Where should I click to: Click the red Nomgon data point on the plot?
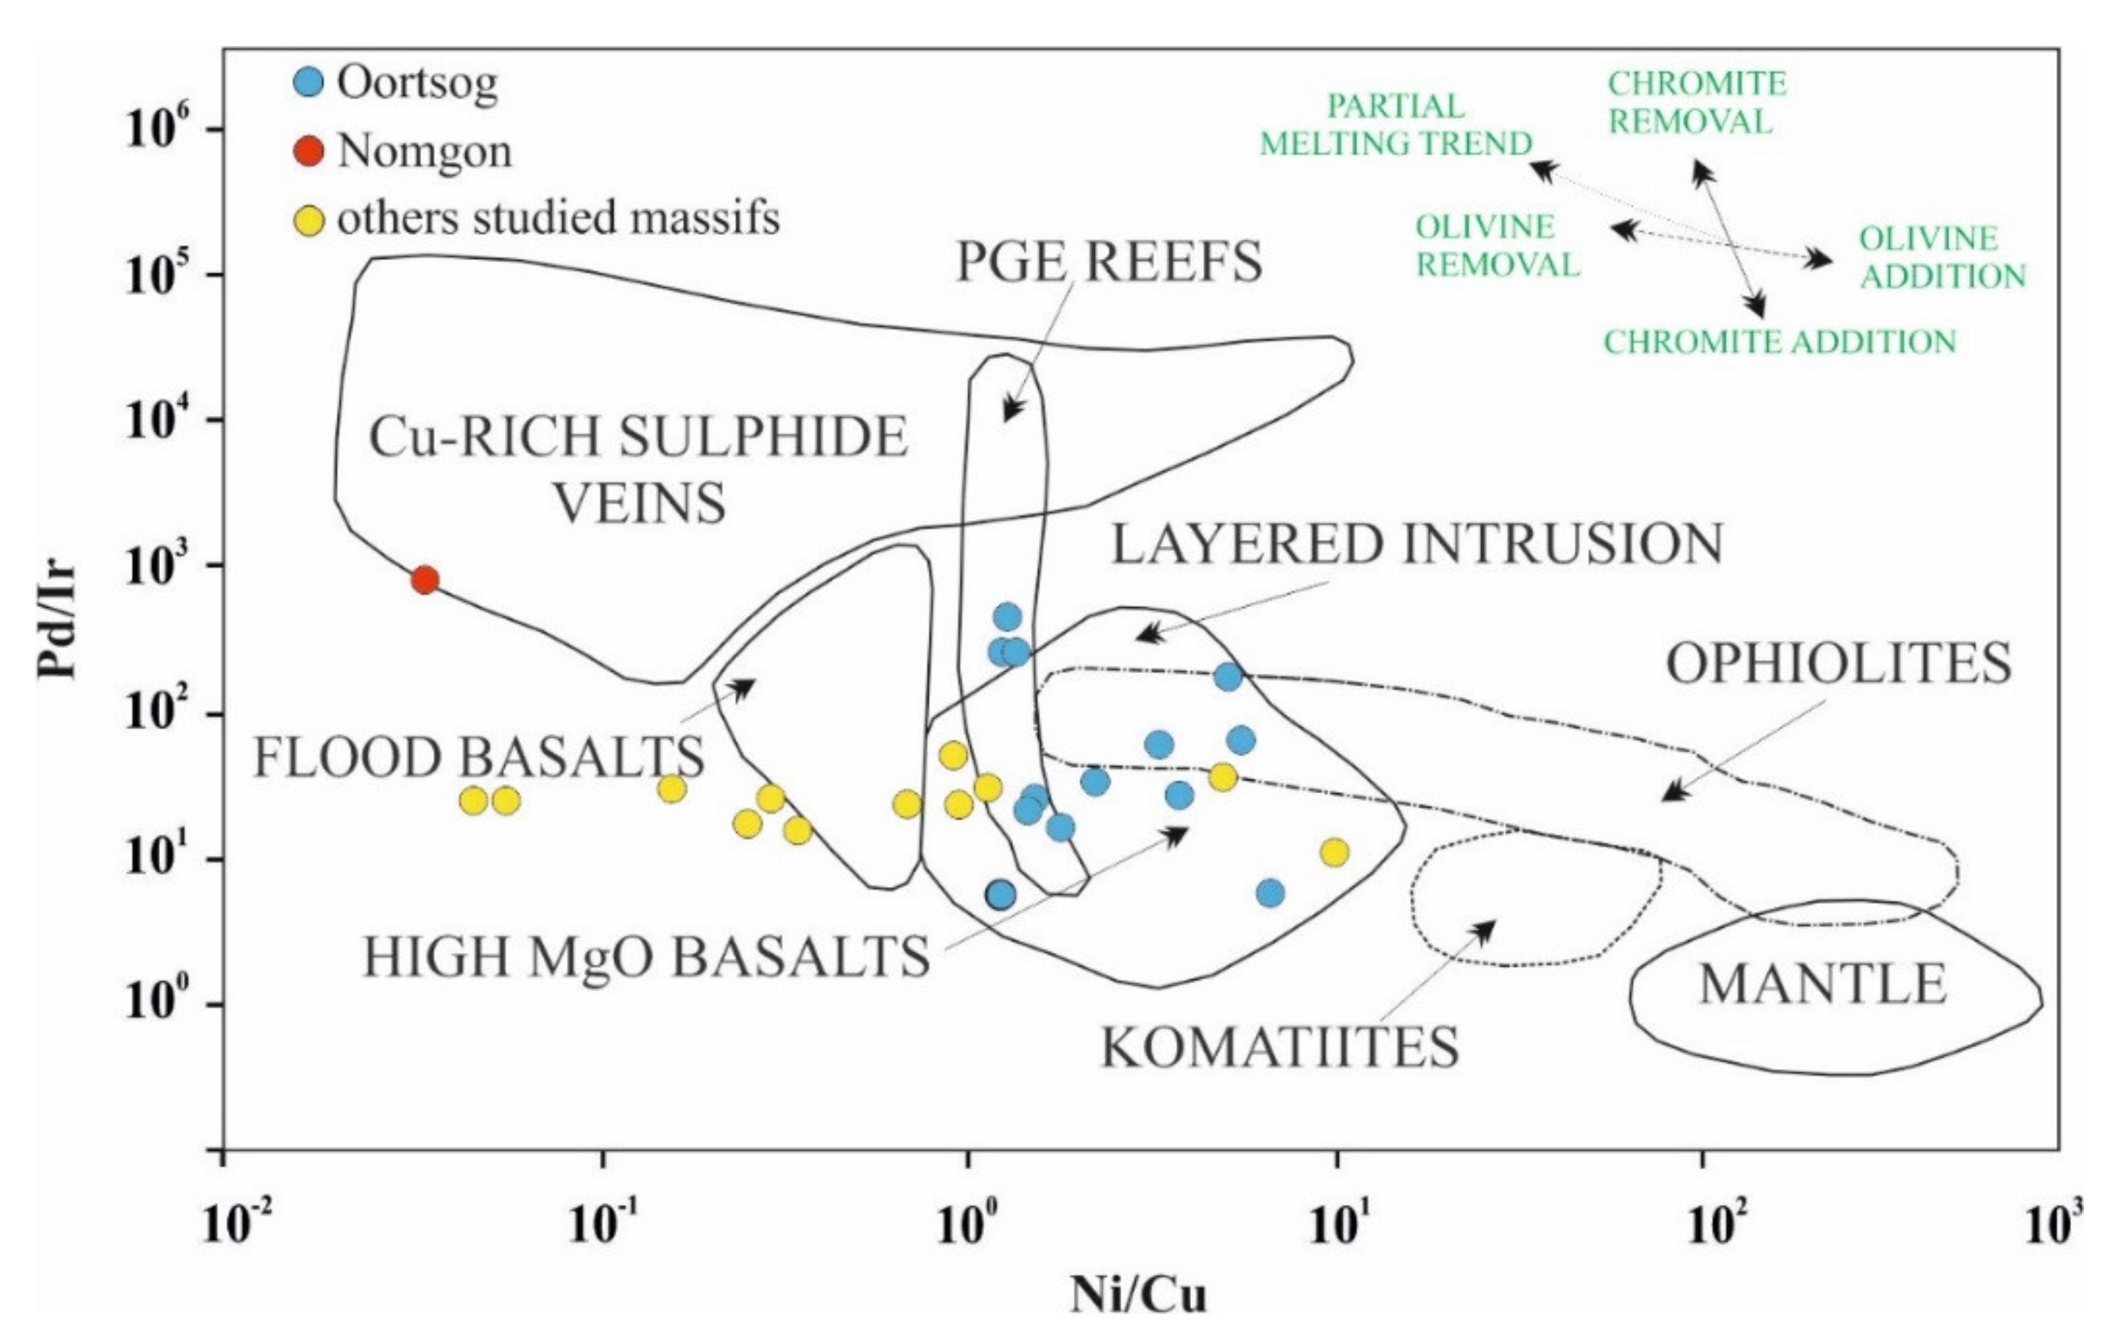click(x=425, y=580)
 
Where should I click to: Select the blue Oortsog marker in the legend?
click(x=309, y=82)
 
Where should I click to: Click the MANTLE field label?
click(x=1822, y=984)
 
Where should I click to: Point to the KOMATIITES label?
click(x=1281, y=1046)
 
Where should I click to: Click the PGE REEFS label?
click(x=1109, y=261)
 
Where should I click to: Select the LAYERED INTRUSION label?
click(x=1416, y=544)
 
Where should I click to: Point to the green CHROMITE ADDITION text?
click(x=1780, y=342)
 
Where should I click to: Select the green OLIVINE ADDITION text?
click(x=1942, y=257)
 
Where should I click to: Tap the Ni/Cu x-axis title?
click(x=1139, y=1294)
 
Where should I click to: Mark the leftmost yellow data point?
click(x=474, y=800)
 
